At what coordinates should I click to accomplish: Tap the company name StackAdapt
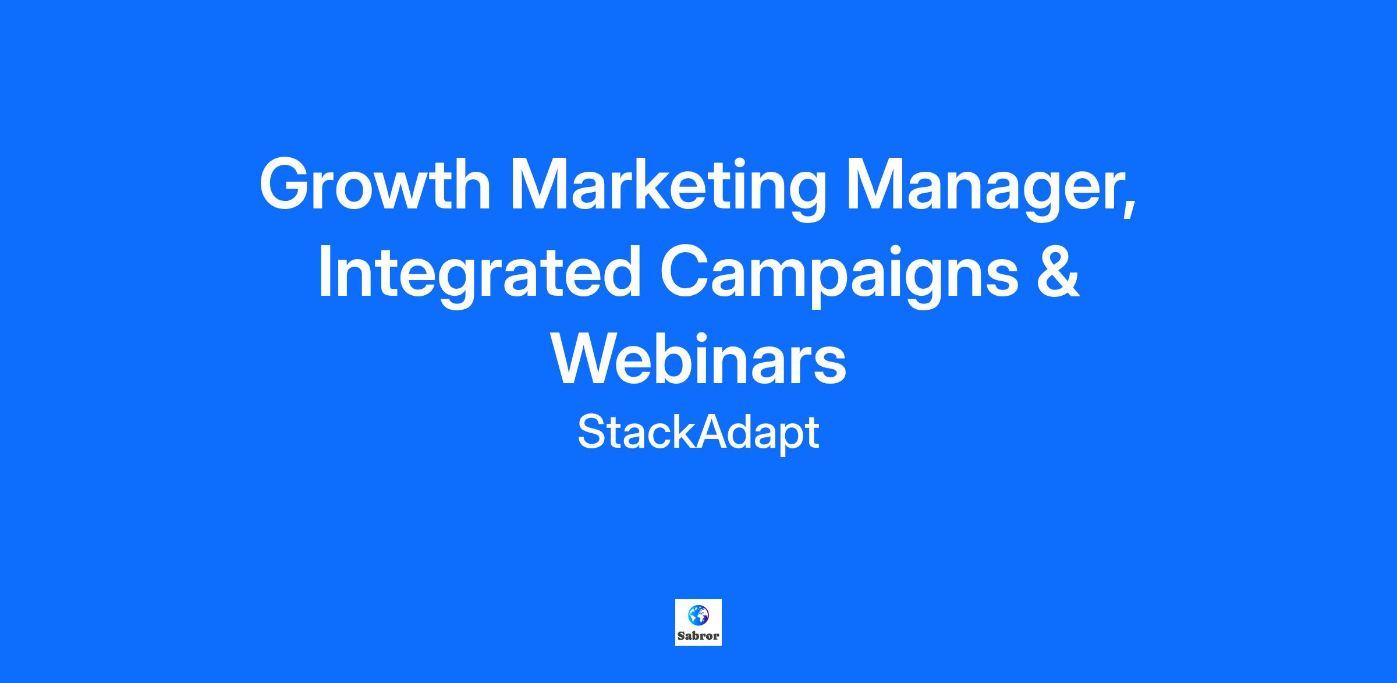click(698, 433)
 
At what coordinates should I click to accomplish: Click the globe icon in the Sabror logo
click(698, 614)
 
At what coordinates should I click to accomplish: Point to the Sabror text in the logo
click(698, 636)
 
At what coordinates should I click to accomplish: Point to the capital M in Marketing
click(541, 184)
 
